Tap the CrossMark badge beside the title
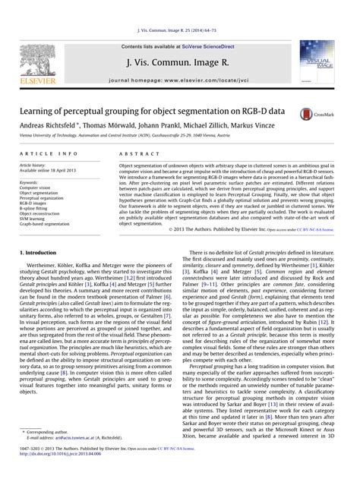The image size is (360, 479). click(329, 112)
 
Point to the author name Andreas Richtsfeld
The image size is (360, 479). click(50, 126)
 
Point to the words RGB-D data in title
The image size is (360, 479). click(260, 111)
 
